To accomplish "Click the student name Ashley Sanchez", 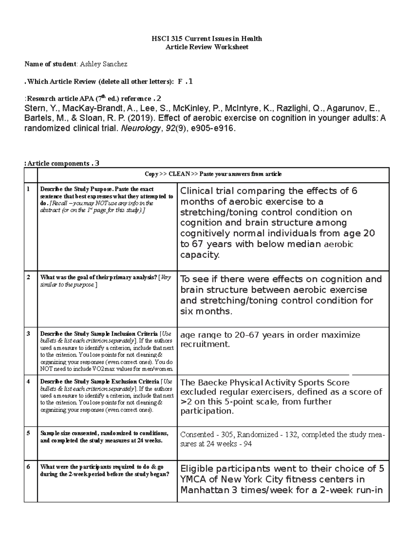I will pos(103,64).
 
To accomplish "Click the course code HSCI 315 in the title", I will pos(164,39).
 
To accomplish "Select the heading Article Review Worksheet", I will pos(207,47).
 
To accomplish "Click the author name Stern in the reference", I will pos(34,108).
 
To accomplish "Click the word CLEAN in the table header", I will pos(179,174).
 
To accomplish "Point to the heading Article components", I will pos(58,164).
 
